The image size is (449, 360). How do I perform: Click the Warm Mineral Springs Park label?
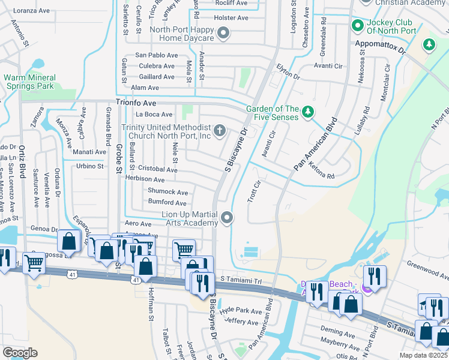[29, 82]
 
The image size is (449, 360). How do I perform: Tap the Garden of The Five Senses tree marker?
[307, 112]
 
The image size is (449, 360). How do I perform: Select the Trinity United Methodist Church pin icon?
[220, 130]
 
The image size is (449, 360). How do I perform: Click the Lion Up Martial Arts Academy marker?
[227, 218]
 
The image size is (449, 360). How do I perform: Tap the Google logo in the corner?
[20, 353]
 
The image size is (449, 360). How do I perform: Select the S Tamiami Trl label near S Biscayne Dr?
[241, 280]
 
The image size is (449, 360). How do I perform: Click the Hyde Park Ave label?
[241, 311]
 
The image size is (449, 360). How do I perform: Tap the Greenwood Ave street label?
[427, 270]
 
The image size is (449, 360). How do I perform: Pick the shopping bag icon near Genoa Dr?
[69, 241]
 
